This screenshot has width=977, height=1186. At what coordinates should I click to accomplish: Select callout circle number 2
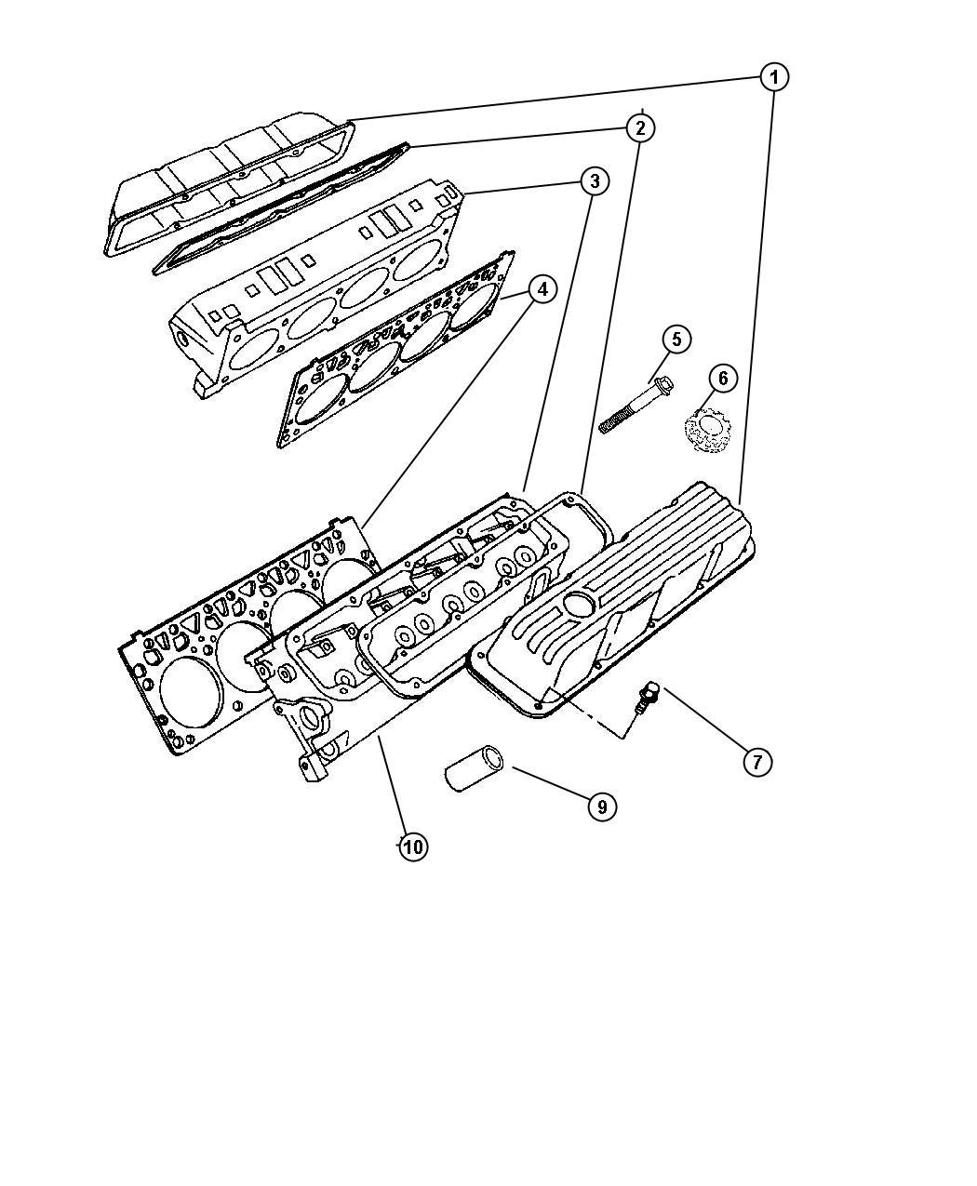[640, 128]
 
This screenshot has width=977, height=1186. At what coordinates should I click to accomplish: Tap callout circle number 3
[595, 181]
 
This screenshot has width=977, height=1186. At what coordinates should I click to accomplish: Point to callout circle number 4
[542, 289]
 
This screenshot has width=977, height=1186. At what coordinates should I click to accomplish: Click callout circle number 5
[676, 340]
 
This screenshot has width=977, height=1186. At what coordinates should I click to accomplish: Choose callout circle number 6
[723, 378]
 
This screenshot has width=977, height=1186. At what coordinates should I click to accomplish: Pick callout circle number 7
[757, 762]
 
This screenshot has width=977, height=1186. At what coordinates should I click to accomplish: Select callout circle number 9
[602, 806]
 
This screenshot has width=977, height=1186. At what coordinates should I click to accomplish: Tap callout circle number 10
[412, 863]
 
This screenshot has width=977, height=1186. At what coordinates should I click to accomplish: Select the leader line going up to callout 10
[392, 793]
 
